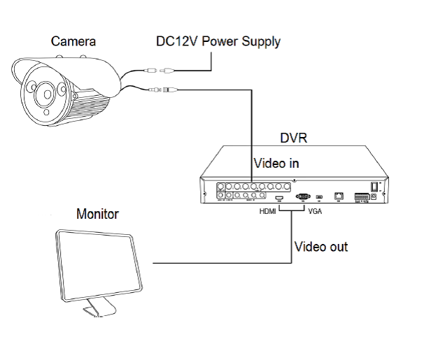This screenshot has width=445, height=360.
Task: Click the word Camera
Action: (x=74, y=41)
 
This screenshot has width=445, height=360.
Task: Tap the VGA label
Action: (x=314, y=210)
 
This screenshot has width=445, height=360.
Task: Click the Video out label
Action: (x=320, y=247)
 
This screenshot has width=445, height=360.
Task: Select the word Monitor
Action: (x=97, y=214)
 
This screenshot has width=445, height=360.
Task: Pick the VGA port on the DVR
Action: (x=303, y=197)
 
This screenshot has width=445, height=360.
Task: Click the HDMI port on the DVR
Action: (x=278, y=199)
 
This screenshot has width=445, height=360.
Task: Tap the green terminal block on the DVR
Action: (x=362, y=198)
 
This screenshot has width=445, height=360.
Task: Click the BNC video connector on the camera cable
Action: (x=168, y=90)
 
